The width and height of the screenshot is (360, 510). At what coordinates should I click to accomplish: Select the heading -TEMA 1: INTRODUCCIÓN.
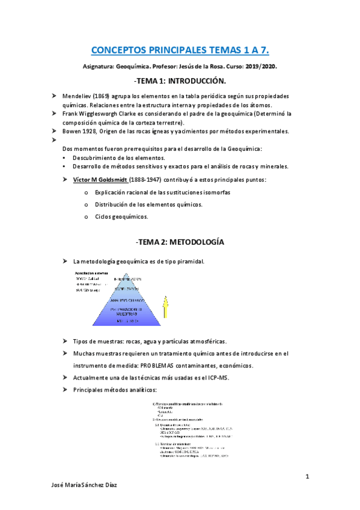[180, 81]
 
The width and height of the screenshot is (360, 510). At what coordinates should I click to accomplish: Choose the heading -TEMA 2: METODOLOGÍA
[180, 242]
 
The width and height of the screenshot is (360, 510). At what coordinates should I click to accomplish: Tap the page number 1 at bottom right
[307, 477]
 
